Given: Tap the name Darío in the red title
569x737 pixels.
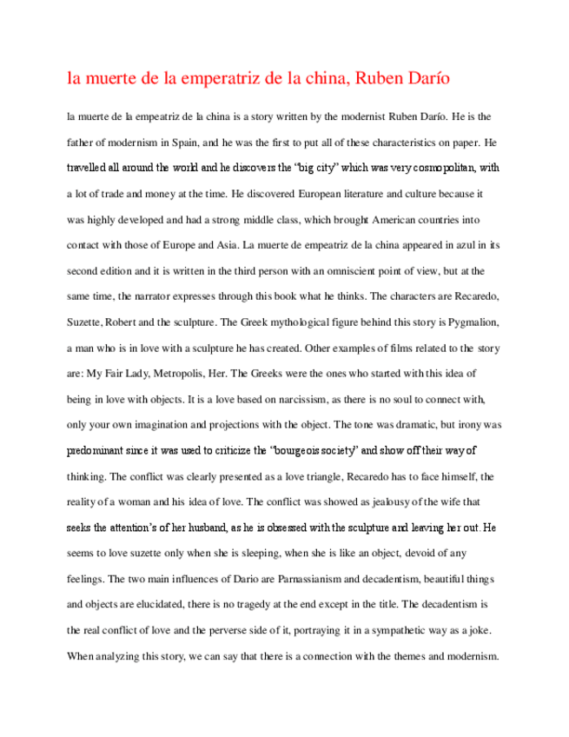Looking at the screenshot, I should coord(427,79).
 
